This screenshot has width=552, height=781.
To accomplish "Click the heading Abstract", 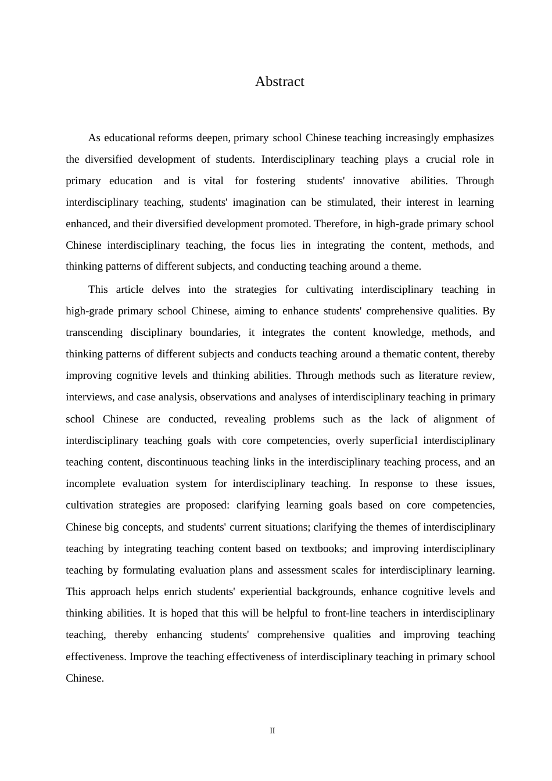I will [x=279, y=82].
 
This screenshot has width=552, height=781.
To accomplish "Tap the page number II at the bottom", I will [x=272, y=731].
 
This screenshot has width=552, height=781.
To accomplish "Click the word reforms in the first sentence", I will [x=175, y=138].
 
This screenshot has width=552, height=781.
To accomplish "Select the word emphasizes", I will [x=468, y=138].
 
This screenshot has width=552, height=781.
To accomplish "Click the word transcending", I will [x=94, y=333].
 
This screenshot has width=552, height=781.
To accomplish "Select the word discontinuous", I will [x=178, y=463].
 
